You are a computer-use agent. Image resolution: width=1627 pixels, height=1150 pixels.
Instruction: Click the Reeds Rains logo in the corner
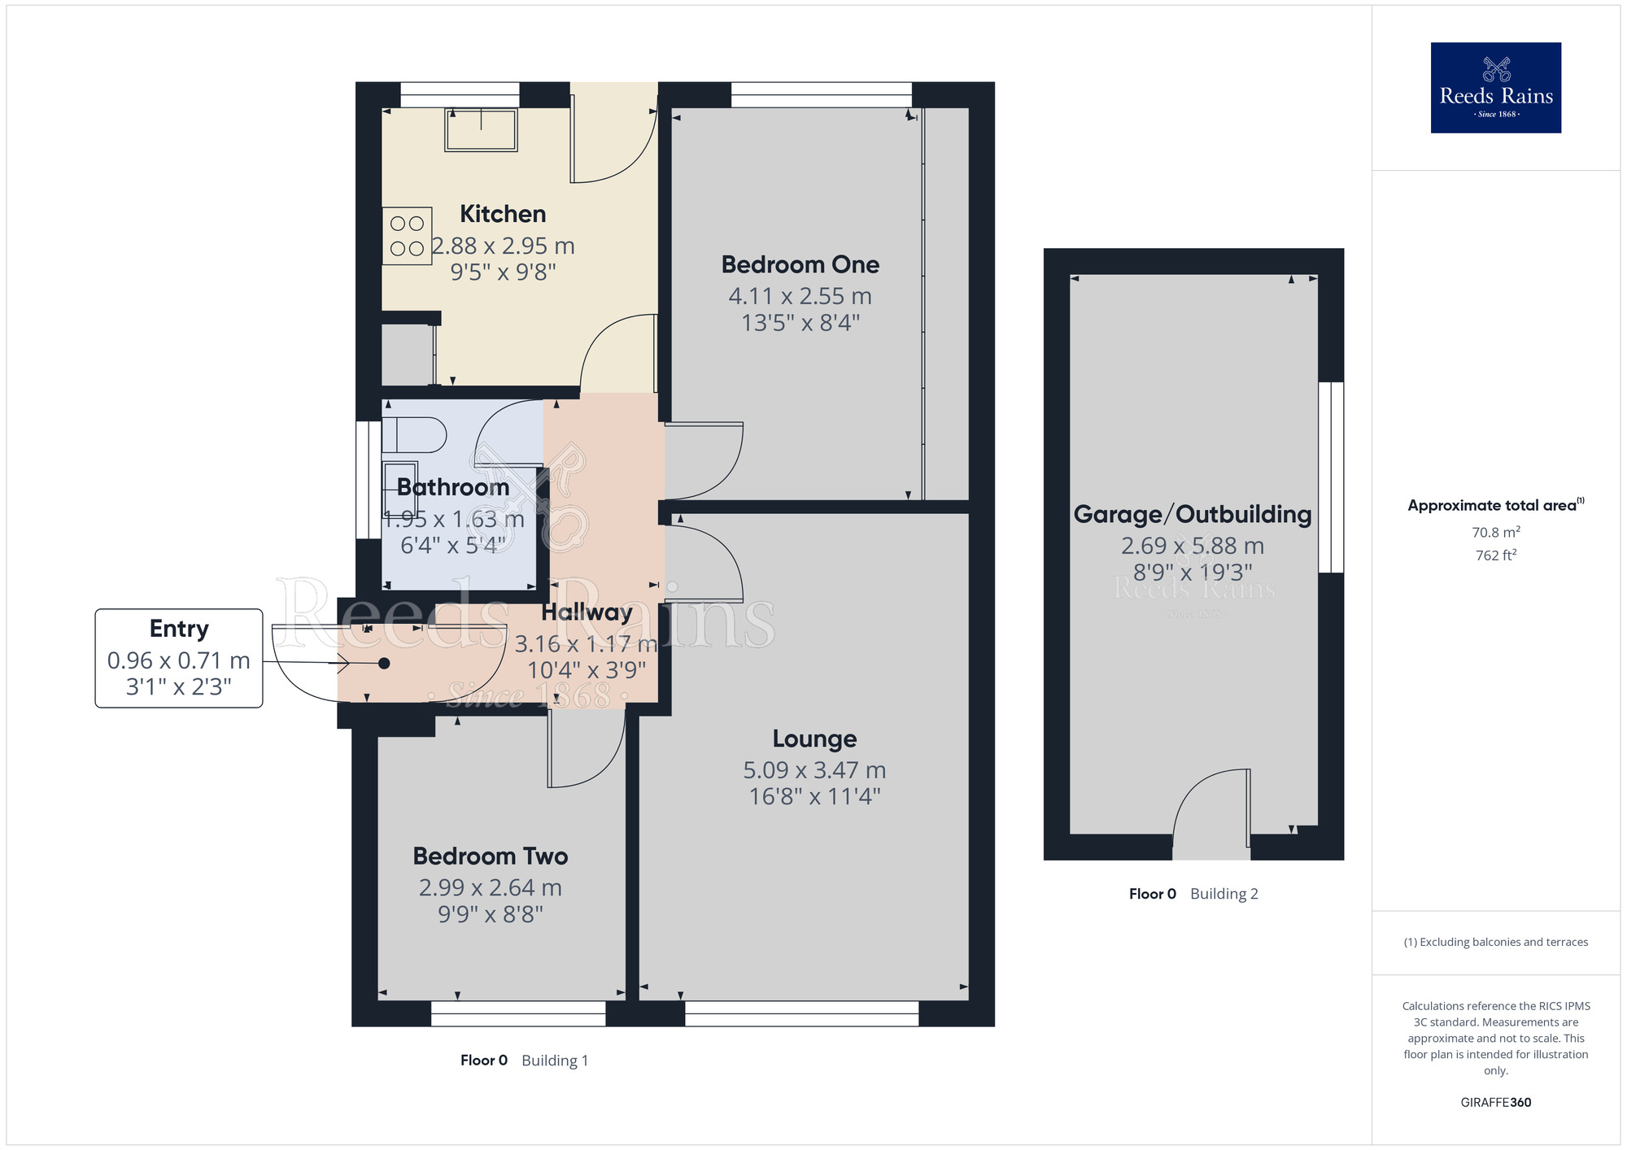tap(1495, 88)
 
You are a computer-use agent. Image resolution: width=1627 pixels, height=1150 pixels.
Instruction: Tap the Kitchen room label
tap(503, 214)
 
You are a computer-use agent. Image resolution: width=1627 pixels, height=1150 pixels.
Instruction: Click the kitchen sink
tap(481, 131)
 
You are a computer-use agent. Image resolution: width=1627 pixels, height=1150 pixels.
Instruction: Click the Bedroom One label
tap(800, 264)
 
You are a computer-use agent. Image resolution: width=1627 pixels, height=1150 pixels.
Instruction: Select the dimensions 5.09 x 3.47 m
tap(814, 770)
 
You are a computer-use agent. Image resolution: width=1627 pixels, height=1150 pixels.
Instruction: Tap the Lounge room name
tap(814, 738)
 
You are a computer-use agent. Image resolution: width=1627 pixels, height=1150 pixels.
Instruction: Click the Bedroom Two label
tap(490, 856)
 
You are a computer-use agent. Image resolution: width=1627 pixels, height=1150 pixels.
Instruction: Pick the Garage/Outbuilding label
tap(1193, 514)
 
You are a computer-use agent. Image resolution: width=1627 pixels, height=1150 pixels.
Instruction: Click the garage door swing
tap(1210, 805)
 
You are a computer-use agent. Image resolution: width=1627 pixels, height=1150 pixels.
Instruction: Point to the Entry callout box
tap(179, 658)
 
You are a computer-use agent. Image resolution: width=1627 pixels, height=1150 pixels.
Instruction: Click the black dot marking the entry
tap(384, 664)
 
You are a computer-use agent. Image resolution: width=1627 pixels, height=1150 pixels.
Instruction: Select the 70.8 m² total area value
tap(1495, 533)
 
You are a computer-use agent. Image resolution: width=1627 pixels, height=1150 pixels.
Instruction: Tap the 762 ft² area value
tap(1495, 555)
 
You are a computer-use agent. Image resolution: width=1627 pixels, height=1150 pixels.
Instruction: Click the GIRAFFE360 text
tap(1495, 1103)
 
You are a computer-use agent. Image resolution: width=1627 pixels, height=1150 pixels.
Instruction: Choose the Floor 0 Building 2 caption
tap(1193, 894)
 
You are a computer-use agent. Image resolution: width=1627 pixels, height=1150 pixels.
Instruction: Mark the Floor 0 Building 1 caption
tap(524, 1061)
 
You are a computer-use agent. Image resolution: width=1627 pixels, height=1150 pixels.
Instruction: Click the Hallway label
tap(587, 612)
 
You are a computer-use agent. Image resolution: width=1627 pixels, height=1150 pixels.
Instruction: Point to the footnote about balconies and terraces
tap(1495, 943)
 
